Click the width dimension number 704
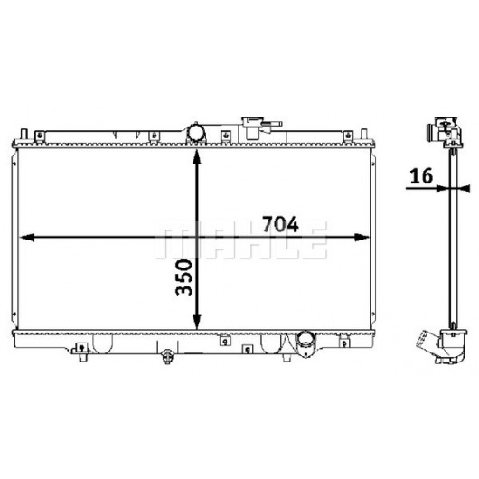coord(280,224)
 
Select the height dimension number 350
coord(184,277)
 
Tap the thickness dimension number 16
coord(421,176)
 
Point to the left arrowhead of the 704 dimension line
coord(26,237)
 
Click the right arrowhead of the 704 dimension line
coord(362,237)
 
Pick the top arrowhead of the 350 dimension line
coord(197,156)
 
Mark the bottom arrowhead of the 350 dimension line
coord(197,322)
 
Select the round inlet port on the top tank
coord(196,133)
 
